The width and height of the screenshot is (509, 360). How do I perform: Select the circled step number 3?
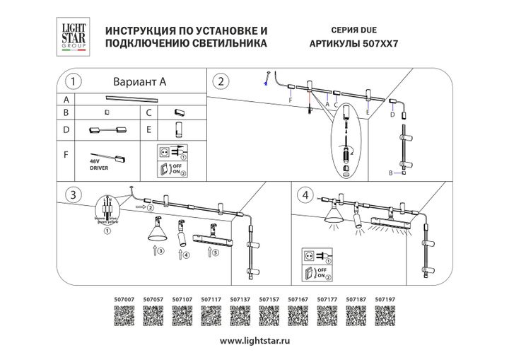(71, 194)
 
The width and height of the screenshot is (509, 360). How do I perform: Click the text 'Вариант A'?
(139, 81)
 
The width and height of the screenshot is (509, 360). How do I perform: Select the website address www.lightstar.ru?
(255, 341)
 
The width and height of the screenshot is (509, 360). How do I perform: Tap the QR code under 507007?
(123, 316)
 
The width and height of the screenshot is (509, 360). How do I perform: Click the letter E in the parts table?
(149, 130)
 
